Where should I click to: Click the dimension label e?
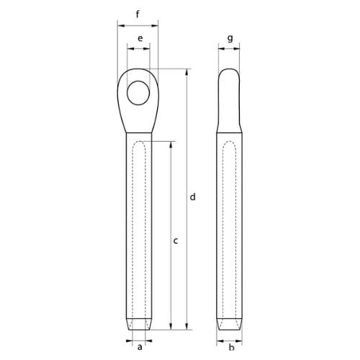138,37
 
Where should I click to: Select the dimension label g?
229,37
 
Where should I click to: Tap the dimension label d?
192,197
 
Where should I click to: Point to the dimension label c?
176,242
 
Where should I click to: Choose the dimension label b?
230,348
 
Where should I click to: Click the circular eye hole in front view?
138,91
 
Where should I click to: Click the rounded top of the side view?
230,72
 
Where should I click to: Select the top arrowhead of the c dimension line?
171,144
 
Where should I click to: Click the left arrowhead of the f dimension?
119,24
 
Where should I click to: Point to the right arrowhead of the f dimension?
158,24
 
